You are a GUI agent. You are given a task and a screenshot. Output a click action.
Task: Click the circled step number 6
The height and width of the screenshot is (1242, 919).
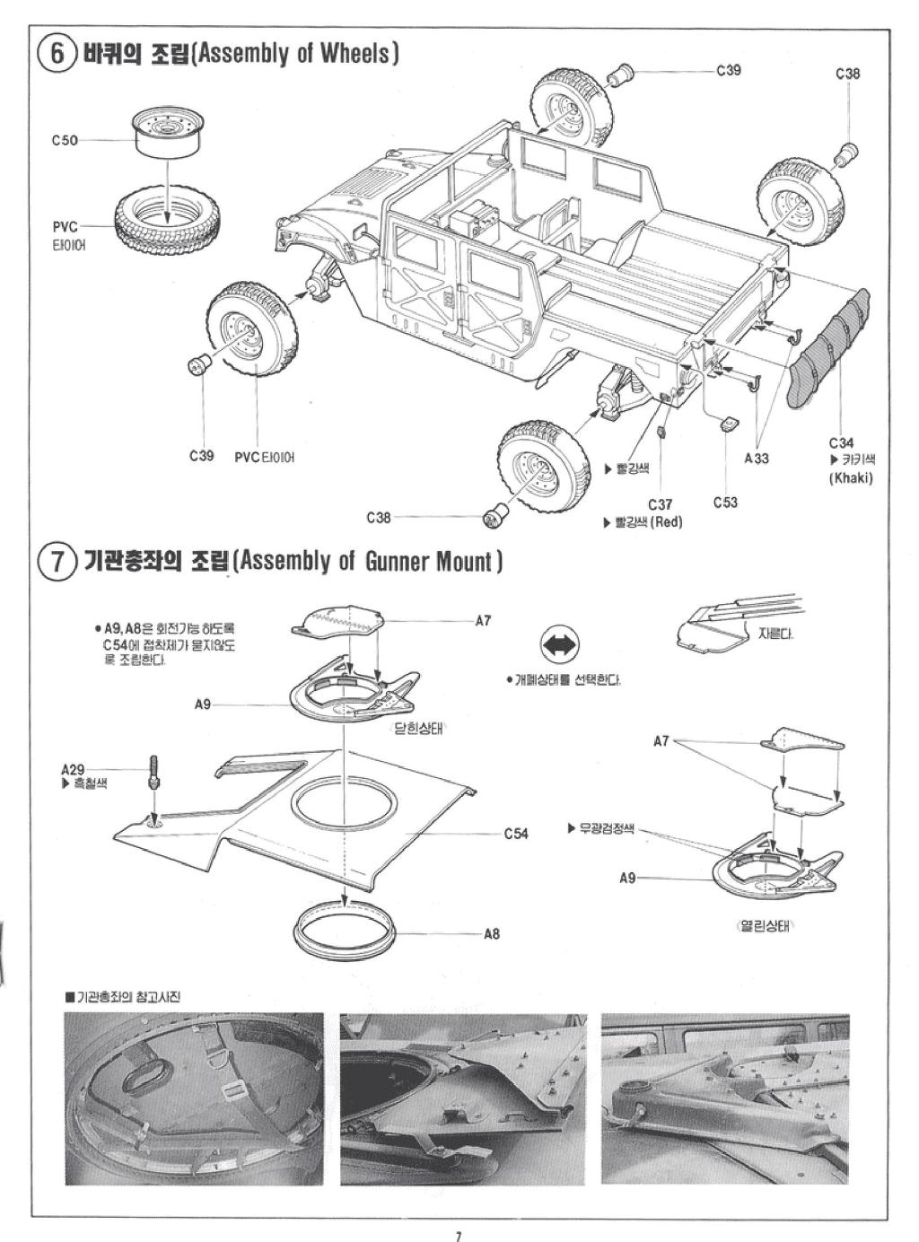tap(57, 53)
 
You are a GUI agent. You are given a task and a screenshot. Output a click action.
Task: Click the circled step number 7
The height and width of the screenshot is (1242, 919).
tap(57, 562)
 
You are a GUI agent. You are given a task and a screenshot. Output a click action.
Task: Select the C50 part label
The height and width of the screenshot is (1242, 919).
tap(65, 140)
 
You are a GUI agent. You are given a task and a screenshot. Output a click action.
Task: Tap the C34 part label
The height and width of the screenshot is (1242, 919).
tap(841, 442)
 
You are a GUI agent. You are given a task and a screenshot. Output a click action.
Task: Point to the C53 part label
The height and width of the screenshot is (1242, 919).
tap(725, 502)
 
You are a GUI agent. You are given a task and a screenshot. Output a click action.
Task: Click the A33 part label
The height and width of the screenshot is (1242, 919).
tap(757, 459)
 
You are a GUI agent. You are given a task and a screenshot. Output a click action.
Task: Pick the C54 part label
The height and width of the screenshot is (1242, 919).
tap(515, 834)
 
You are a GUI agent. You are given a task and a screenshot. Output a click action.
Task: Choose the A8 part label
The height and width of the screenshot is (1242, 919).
tap(491, 934)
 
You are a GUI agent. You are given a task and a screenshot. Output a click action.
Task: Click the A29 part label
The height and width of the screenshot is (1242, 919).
tap(73, 769)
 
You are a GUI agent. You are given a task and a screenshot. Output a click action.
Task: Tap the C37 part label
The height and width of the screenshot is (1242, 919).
tap(660, 505)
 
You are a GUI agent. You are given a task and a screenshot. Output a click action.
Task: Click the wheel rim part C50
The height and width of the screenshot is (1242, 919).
tap(168, 135)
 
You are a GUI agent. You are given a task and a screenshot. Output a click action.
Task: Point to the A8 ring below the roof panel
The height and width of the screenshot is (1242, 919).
tap(346, 931)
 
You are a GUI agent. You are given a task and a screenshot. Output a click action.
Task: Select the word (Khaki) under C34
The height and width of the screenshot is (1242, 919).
tap(850, 477)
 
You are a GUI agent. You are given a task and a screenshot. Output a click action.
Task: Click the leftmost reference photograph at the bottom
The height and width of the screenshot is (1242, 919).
tap(194, 1098)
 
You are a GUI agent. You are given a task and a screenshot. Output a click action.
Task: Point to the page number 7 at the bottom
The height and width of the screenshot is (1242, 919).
tap(459, 1236)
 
